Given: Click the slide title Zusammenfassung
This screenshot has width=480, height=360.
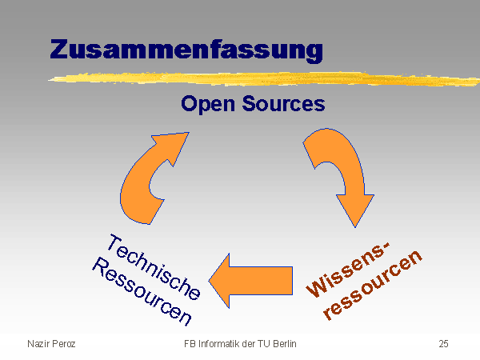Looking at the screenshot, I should [x=186, y=49].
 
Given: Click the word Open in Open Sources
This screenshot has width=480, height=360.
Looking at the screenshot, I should [x=206, y=104].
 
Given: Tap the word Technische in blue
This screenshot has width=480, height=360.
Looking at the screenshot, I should [x=152, y=268].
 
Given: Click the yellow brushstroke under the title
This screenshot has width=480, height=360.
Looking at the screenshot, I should [x=264, y=78].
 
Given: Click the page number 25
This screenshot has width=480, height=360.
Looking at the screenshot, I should [x=443, y=344].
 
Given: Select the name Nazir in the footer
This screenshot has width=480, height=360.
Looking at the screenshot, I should [x=37, y=344].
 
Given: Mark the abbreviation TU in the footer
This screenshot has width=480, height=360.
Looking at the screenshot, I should [x=261, y=344].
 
